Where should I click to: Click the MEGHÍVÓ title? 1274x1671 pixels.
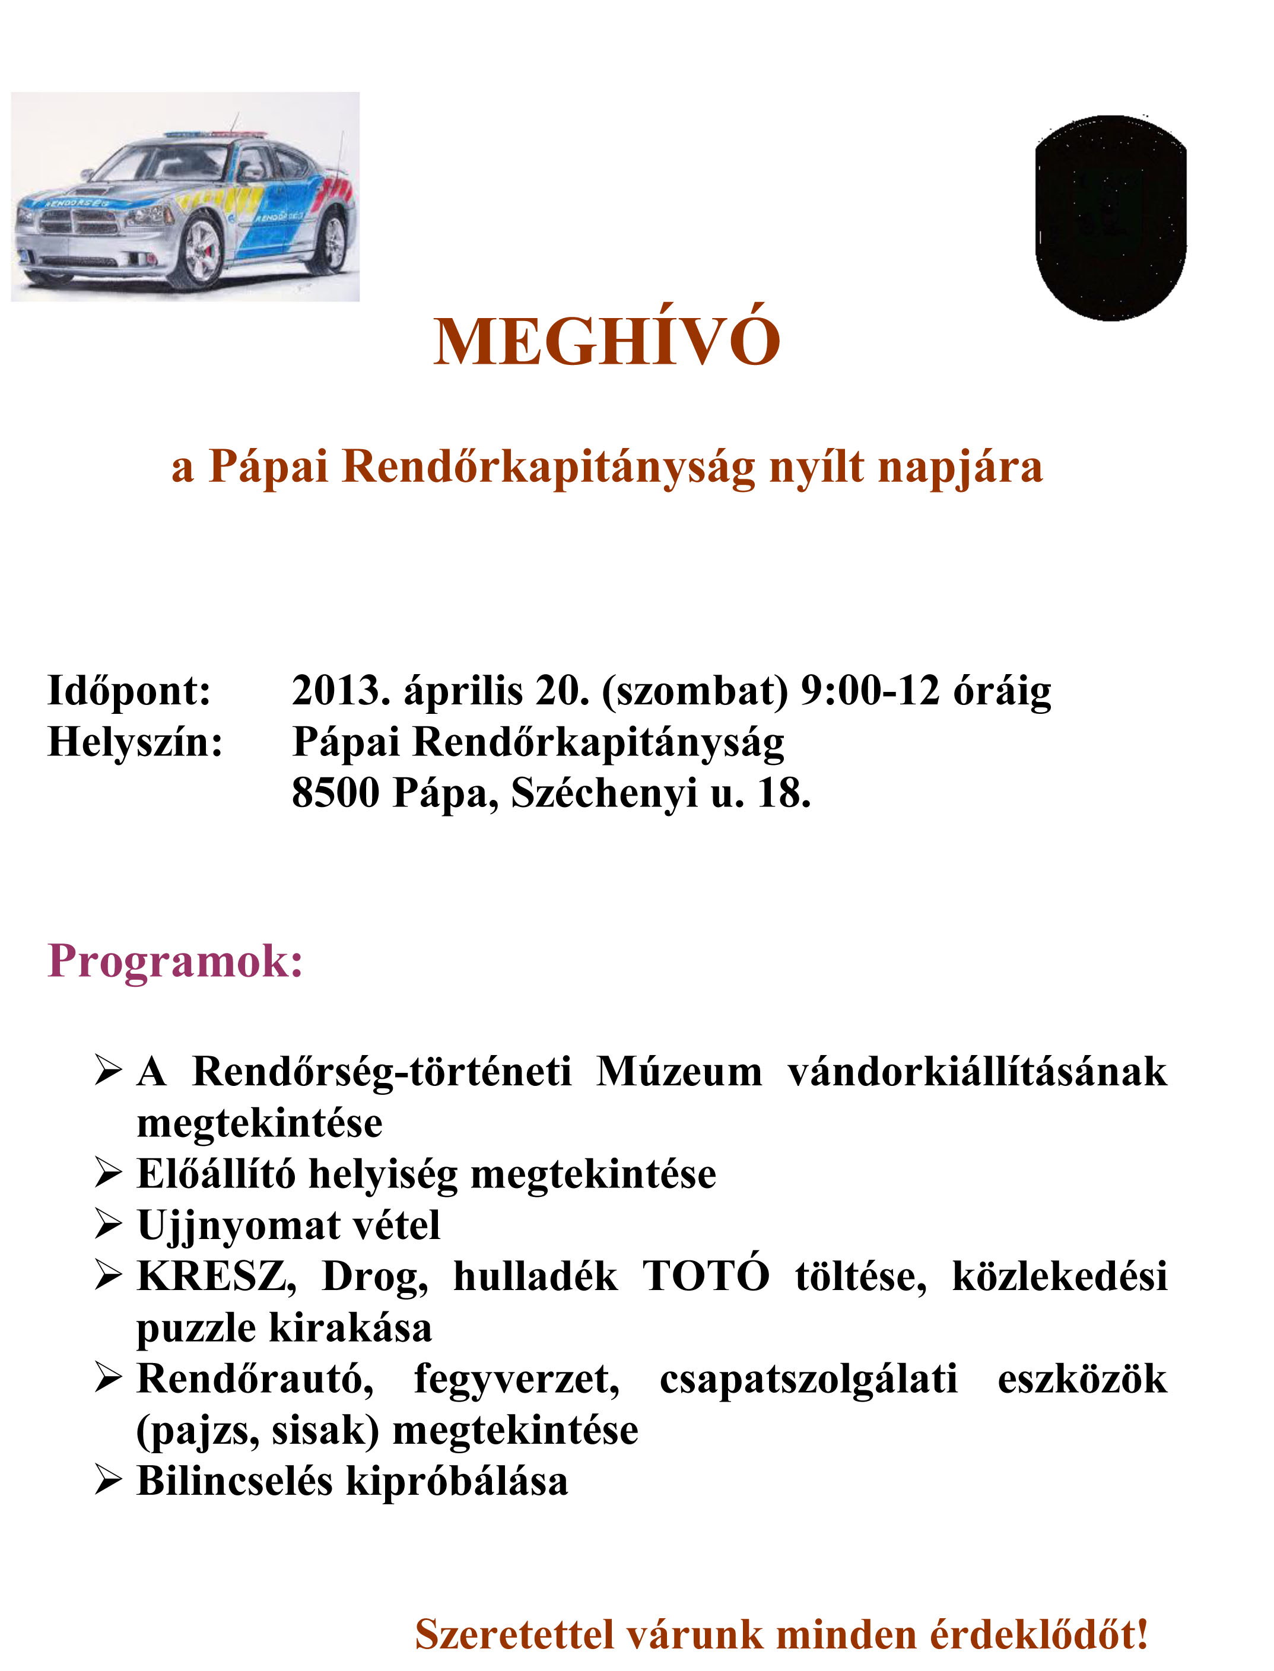click(606, 343)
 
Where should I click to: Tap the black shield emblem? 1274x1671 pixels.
click(1110, 218)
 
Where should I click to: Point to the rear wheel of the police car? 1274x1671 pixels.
click(331, 242)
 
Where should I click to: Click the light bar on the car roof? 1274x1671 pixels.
click(216, 134)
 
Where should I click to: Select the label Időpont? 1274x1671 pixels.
click(129, 691)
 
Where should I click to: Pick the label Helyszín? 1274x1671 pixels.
click(135, 742)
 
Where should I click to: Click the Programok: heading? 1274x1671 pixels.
click(175, 961)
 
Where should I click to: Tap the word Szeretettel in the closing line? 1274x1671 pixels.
click(514, 1634)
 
